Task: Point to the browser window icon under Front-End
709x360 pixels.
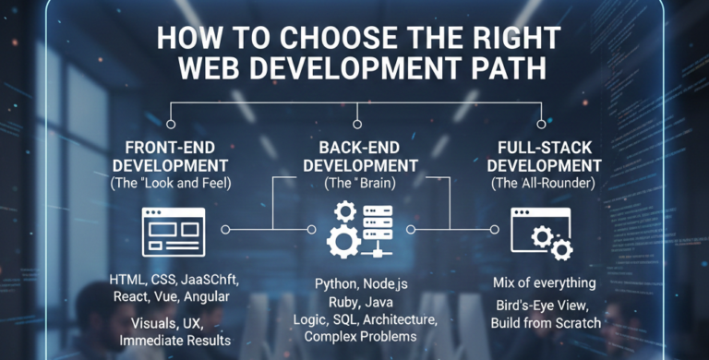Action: point(172,231)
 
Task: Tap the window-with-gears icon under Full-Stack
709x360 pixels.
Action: point(541,232)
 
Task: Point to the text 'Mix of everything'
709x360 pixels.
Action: point(542,282)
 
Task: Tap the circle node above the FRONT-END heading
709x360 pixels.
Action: point(170,125)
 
